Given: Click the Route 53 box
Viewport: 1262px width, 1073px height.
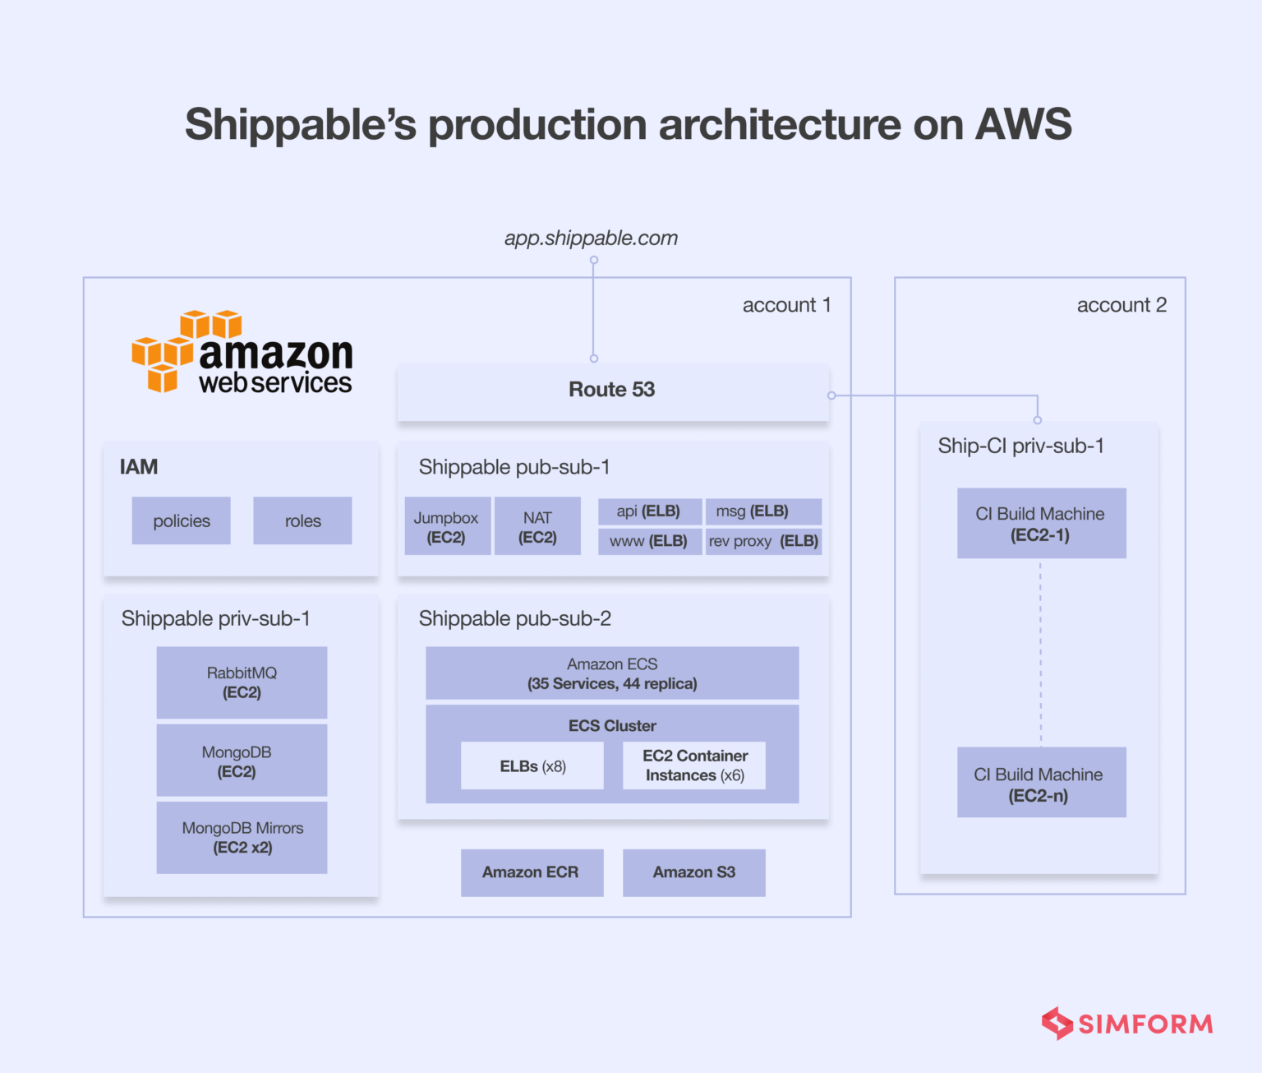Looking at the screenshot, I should click(x=612, y=391).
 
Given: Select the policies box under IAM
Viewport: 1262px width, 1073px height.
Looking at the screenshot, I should click(x=181, y=520).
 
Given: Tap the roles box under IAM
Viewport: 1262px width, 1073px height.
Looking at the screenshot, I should click(x=302, y=520).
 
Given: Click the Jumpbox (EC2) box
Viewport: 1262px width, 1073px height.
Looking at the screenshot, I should click(x=445, y=527).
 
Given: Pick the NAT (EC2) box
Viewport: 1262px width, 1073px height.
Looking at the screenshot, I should click(x=537, y=527).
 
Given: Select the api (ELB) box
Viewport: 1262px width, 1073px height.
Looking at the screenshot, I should click(x=649, y=511).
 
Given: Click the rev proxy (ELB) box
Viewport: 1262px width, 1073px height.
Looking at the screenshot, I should click(x=763, y=541).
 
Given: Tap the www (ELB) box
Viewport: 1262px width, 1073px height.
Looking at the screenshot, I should click(x=649, y=541).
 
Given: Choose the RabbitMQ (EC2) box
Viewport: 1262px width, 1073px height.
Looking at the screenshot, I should click(x=242, y=682).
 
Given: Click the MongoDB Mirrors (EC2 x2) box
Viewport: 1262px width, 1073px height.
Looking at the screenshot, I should click(x=242, y=837).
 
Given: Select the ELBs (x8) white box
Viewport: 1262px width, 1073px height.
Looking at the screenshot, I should click(x=532, y=766).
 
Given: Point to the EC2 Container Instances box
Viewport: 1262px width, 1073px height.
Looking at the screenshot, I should click(x=694, y=765).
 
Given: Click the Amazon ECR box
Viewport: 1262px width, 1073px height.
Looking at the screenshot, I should click(x=532, y=872).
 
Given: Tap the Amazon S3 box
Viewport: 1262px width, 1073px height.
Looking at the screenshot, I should click(x=693, y=872).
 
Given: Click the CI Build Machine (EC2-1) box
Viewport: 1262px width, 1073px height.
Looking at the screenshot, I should click(x=1040, y=524).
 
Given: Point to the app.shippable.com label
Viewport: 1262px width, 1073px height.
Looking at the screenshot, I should click(x=591, y=238).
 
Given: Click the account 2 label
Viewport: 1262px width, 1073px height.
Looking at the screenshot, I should click(x=1121, y=305).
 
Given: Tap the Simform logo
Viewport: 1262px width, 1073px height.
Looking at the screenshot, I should click(x=1127, y=1024).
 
